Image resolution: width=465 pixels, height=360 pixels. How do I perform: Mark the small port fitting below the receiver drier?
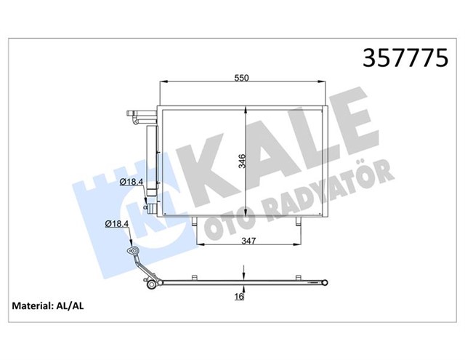coord(149,208)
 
